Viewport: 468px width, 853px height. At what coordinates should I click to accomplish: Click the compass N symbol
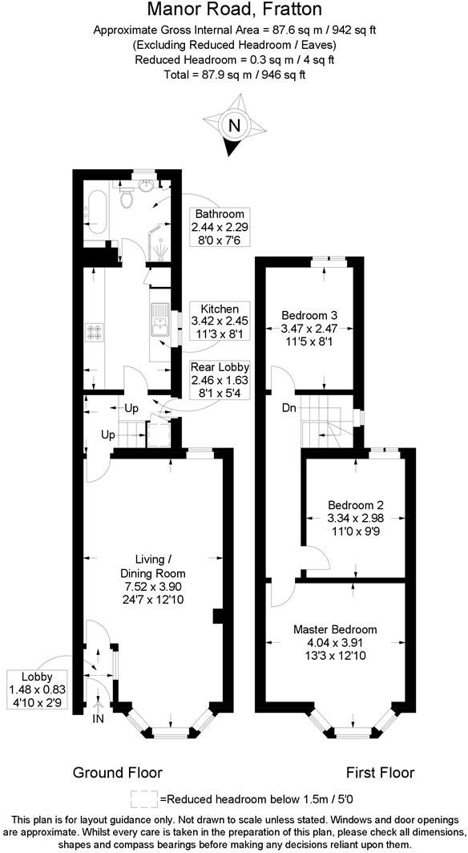tap(234, 125)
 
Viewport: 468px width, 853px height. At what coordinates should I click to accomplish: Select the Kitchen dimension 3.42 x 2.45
tap(220, 321)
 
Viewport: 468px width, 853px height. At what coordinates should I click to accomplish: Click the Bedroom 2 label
tap(356, 505)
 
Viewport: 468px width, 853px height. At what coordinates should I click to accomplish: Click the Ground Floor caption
tap(118, 773)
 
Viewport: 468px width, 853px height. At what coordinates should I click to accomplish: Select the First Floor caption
tap(380, 773)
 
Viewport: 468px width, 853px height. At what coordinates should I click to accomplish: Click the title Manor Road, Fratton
tap(235, 10)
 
